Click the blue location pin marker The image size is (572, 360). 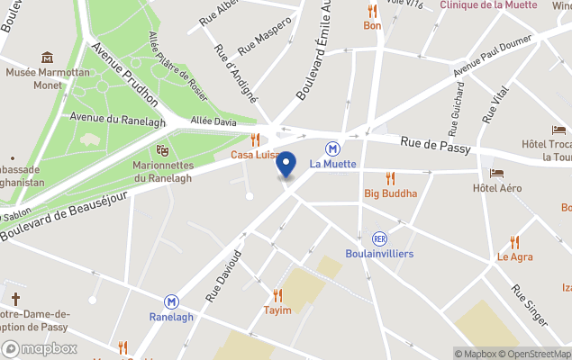(x=286, y=166)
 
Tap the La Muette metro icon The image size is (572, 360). (x=332, y=148)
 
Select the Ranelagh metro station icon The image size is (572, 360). (x=170, y=302)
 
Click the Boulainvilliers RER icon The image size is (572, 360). (x=379, y=238)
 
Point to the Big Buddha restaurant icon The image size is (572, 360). (x=390, y=178)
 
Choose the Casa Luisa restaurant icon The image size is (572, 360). (x=256, y=139)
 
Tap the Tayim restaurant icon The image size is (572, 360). (x=277, y=294)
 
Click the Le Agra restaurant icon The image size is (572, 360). (x=514, y=241)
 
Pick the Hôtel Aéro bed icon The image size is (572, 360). (x=497, y=173)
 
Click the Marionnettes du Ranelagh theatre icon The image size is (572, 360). (x=163, y=149)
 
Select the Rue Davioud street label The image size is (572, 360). (x=224, y=274)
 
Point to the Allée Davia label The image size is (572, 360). (x=213, y=121)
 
